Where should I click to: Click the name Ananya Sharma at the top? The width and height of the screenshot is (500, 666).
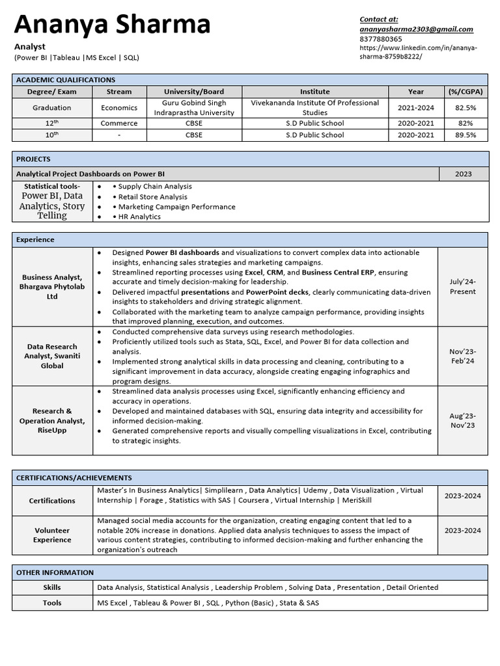click(112, 25)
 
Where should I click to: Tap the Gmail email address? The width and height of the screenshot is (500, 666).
click(416, 29)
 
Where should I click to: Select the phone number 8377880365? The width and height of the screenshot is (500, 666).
click(380, 39)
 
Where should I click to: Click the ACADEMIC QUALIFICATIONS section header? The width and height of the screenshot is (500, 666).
click(65, 79)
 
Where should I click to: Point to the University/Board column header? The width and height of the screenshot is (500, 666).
click(194, 92)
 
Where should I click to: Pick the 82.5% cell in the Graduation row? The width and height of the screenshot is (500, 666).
click(465, 108)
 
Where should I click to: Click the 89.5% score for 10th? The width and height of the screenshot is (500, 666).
click(465, 135)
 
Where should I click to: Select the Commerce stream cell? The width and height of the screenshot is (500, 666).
click(119, 123)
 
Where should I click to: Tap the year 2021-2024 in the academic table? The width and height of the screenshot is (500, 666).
click(416, 108)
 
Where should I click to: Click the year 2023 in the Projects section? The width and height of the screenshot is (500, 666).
click(463, 174)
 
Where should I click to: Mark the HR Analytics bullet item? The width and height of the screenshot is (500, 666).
click(139, 217)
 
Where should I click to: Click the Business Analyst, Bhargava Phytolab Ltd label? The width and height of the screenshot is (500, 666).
click(51, 287)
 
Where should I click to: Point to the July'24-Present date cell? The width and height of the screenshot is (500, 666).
click(462, 287)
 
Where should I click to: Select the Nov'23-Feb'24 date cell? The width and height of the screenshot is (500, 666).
click(462, 356)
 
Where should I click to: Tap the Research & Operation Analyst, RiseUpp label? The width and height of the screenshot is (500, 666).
click(51, 421)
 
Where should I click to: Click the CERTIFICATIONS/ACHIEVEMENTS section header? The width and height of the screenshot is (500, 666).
click(74, 477)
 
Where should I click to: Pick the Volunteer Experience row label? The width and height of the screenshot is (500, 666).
click(52, 535)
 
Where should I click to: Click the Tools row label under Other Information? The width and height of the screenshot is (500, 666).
click(52, 603)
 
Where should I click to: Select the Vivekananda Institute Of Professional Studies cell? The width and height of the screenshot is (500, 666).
click(315, 108)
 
